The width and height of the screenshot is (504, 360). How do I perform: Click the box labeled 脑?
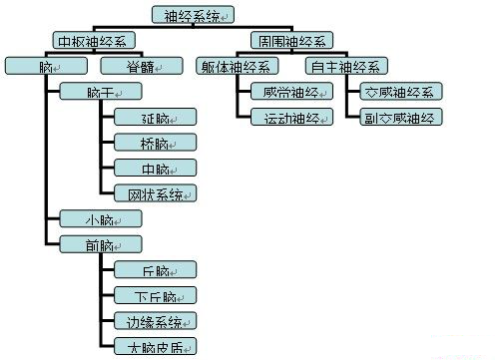pyautogui.click(x=45, y=66)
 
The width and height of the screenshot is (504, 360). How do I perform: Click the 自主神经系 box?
pyautogui.click(x=344, y=66)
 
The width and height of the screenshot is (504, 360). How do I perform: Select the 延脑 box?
pyautogui.click(x=155, y=117)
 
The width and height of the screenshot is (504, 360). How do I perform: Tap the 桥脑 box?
pyautogui.click(x=155, y=142)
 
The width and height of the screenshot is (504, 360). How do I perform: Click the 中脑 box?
pyautogui.click(x=155, y=168)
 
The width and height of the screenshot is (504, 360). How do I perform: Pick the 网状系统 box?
pyautogui.click(x=155, y=192)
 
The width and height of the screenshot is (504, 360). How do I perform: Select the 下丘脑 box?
pyautogui.click(x=155, y=295)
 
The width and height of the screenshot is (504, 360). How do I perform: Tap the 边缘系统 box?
pyautogui.click(x=155, y=321)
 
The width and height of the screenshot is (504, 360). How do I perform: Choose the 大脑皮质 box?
pyautogui.click(x=155, y=346)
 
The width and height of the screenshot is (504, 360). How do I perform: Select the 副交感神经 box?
pyautogui.click(x=397, y=117)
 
